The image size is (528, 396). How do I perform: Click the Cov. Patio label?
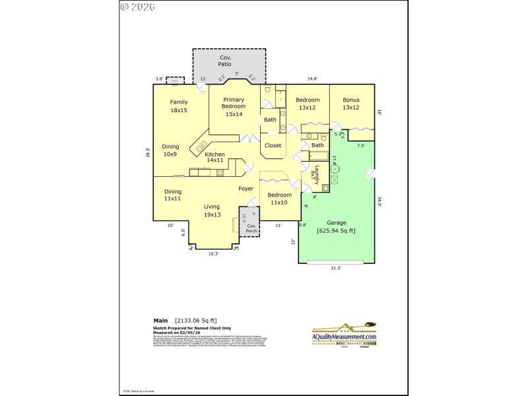(x=225, y=61)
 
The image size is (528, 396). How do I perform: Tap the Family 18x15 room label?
(x=179, y=106)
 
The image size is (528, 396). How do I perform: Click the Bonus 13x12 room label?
(x=351, y=104)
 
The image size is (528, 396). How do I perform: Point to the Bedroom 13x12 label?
(x=308, y=104)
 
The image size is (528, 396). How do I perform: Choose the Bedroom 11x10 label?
(x=279, y=199)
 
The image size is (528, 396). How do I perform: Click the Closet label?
(x=273, y=145)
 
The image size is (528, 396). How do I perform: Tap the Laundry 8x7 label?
(x=315, y=174)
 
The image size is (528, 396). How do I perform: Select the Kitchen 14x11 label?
(x=215, y=157)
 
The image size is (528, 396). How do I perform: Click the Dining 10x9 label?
(x=170, y=150)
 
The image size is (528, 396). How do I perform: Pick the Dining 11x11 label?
(x=173, y=195)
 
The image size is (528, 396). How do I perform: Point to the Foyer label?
(x=246, y=189)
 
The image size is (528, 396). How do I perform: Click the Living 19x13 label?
(x=213, y=211)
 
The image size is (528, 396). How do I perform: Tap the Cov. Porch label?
(x=251, y=228)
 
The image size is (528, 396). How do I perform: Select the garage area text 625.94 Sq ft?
(x=336, y=231)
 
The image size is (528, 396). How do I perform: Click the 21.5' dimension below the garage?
(x=335, y=268)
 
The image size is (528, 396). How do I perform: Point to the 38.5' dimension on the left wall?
(x=148, y=153)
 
